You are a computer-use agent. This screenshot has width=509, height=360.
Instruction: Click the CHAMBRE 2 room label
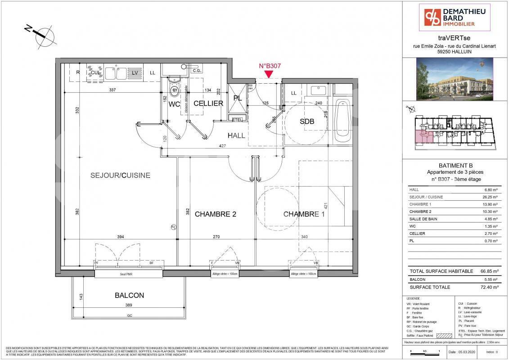coord(215,214)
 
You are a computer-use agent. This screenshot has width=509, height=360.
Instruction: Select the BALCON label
coord(129,296)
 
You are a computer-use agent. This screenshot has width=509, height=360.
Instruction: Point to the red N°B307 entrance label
coord(270,66)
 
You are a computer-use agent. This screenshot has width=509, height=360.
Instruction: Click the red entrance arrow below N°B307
coord(270,74)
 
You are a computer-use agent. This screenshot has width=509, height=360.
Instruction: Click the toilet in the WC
coord(174,90)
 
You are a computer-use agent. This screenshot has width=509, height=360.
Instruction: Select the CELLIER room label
coord(208,103)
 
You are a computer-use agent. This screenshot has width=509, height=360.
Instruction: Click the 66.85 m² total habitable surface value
coord(489,271)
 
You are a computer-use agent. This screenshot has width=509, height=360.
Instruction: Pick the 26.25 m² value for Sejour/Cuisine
coord(490,197)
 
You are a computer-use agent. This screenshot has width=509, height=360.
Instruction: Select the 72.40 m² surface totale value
coord(489,287)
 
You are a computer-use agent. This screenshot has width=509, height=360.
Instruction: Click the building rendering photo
coord(455,79)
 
